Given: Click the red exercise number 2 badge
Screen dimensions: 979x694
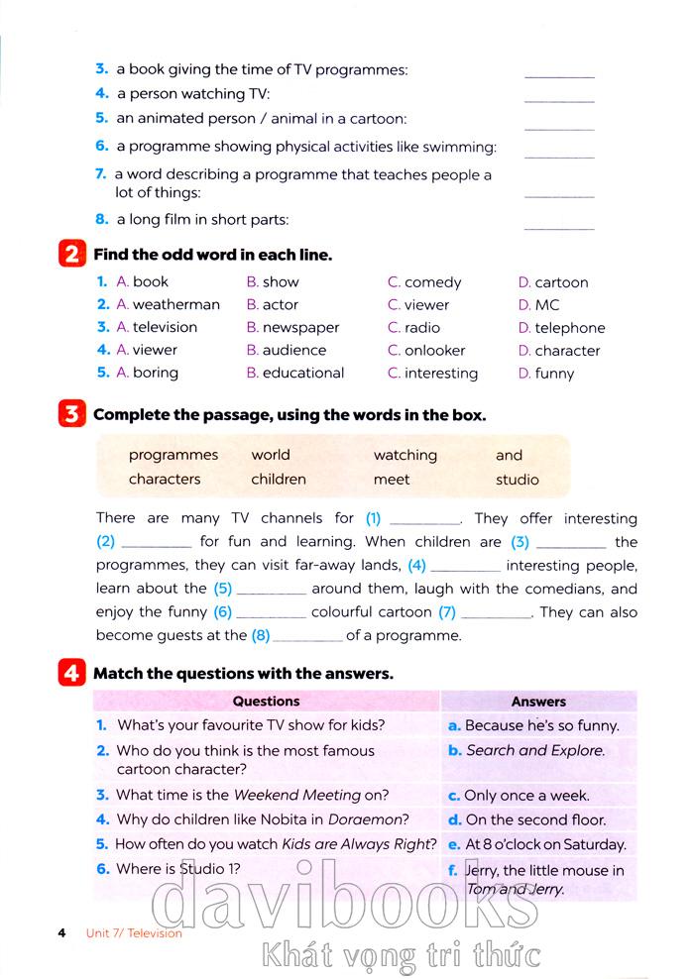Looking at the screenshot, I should (71, 255).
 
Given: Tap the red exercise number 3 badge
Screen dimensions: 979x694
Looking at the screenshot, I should (71, 415).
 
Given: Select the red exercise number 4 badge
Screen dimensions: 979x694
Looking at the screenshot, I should (71, 674).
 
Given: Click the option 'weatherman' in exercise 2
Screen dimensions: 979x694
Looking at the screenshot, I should (175, 305).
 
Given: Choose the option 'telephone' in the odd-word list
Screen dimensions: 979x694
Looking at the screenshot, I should (569, 328).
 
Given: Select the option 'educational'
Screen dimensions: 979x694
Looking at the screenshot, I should (303, 374).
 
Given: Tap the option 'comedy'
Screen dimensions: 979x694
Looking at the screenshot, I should (433, 282).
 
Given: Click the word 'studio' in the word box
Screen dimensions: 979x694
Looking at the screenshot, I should (518, 480).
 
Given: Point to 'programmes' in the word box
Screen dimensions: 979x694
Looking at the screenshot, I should (173, 455).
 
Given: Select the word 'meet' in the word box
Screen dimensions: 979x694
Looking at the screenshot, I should (392, 480).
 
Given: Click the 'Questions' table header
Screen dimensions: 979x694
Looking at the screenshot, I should (266, 702).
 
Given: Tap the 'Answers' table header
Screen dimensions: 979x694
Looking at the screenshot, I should (538, 702).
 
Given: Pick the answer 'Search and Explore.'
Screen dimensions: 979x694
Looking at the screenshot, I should (535, 751).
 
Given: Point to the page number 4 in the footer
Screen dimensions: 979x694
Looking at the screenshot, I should (61, 932).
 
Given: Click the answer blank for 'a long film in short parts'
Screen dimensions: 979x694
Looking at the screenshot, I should (559, 227).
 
